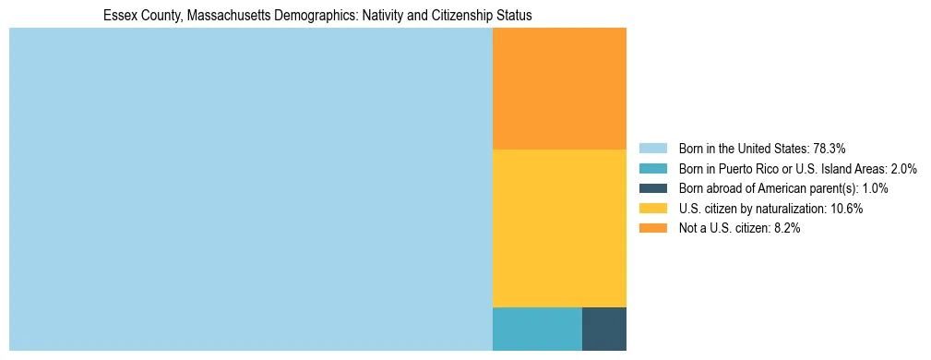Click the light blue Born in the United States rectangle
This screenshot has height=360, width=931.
point(250,189)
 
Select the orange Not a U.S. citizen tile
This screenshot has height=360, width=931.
point(559,89)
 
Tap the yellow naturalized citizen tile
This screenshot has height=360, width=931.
point(559,228)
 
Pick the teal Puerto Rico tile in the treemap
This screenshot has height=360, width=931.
point(537,329)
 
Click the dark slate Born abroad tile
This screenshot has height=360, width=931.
point(604,329)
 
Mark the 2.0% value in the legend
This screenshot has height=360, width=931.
point(901,168)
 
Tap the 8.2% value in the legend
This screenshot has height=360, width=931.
point(785,229)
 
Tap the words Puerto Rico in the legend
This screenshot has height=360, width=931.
point(756,168)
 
